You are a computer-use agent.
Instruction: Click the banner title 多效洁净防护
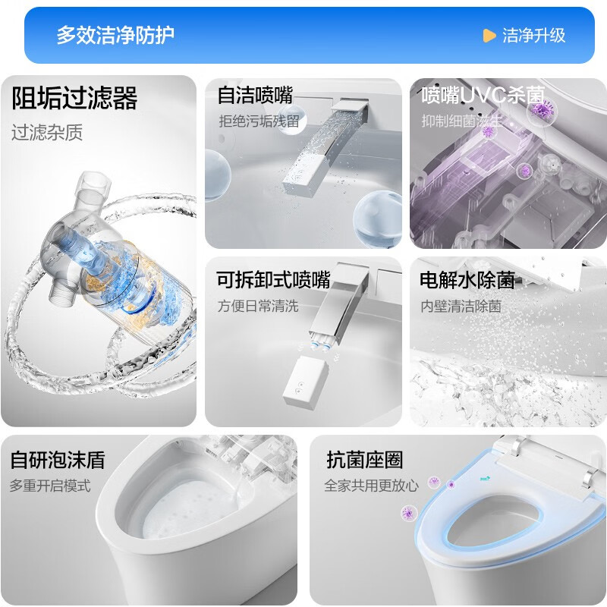coord(115,35)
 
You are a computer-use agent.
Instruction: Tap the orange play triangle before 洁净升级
coord(489,36)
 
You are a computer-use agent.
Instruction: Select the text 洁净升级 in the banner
coord(534,36)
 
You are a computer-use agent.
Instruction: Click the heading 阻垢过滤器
coord(74,99)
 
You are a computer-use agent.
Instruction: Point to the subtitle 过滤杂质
coord(47,133)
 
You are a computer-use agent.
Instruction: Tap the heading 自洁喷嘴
coord(255,96)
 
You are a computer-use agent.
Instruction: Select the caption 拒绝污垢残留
coord(259,120)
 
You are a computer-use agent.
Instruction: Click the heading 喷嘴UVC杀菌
coord(483,96)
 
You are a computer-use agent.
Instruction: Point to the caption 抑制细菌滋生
coord(462,120)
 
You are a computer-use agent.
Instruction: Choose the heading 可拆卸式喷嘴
coord(273,280)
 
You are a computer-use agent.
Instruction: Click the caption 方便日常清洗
coord(259,307)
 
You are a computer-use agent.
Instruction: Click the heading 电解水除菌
coord(467,280)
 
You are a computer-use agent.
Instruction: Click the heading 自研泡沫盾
coord(57,460)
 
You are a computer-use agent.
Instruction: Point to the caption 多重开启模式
coord(50,486)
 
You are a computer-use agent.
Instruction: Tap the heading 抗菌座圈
coord(364,460)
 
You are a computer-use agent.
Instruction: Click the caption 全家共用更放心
coord(371,486)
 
